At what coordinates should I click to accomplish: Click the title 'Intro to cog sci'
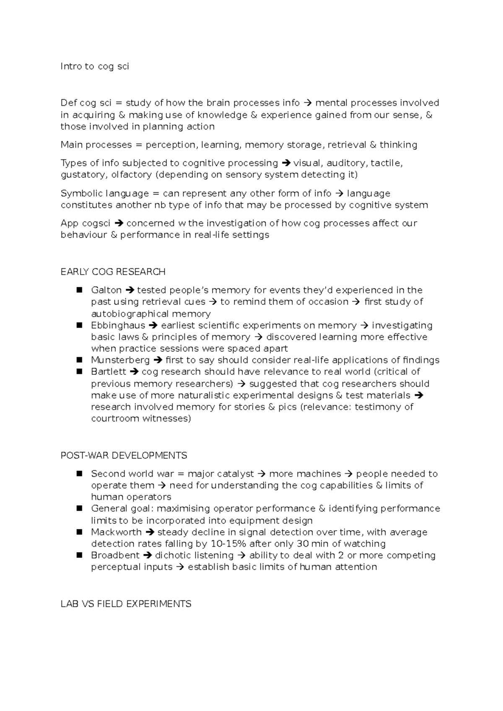point(95,66)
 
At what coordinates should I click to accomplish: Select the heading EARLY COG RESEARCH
point(113,272)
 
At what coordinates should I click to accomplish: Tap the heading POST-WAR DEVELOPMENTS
point(124,455)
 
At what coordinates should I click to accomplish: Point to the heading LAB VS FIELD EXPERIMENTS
point(126,604)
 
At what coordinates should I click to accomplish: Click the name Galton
point(106,290)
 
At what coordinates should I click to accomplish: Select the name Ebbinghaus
point(118,325)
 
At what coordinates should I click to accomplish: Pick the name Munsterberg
point(120,360)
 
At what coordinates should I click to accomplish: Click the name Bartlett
point(108,371)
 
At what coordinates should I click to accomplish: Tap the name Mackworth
point(116,532)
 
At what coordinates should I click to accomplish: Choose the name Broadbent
point(115,555)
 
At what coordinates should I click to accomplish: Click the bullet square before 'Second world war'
point(79,473)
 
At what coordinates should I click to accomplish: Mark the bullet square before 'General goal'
point(79,508)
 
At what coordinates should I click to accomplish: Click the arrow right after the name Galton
point(129,290)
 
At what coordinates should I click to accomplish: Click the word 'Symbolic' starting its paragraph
point(81,193)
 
